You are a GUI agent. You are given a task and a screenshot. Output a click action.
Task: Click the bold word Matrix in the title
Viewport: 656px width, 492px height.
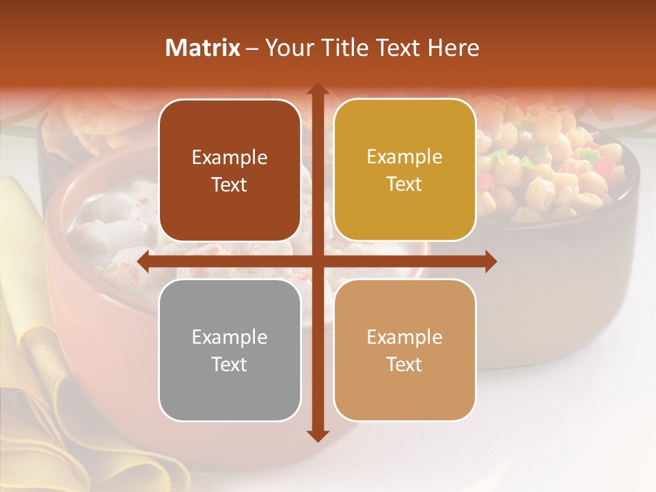pyautogui.click(x=203, y=48)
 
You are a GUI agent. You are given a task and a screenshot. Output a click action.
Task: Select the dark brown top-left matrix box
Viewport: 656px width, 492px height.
pyautogui.click(x=230, y=171)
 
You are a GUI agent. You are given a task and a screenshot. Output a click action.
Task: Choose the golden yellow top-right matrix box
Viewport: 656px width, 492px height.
pyautogui.click(x=405, y=171)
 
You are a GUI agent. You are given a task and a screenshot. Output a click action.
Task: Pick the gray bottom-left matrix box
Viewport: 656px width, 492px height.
pyautogui.click(x=230, y=350)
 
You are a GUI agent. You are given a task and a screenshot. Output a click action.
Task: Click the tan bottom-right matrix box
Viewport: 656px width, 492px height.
pyautogui.click(x=405, y=350)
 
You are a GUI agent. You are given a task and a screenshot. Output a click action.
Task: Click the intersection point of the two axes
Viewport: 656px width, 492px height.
pyautogui.click(x=317, y=261)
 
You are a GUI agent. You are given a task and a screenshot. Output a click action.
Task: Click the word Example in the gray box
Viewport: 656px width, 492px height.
pyautogui.click(x=230, y=337)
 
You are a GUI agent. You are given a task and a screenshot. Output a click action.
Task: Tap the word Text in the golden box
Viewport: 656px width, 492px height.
pyautogui.click(x=405, y=184)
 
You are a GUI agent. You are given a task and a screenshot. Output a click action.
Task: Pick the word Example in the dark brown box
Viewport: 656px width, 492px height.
pyautogui.click(x=230, y=158)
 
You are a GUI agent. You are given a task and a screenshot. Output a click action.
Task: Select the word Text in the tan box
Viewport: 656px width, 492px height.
pyautogui.click(x=405, y=364)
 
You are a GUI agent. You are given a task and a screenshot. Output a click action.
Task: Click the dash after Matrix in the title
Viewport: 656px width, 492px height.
pyautogui.click(x=251, y=49)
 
